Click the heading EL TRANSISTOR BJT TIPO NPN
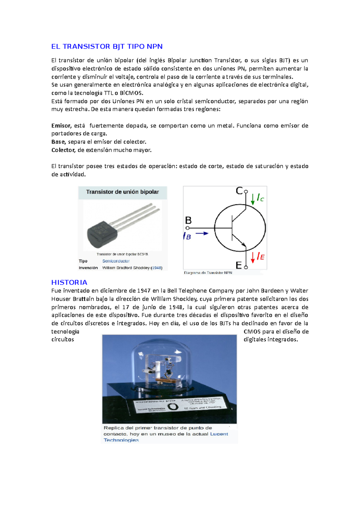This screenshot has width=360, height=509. coord(107,46)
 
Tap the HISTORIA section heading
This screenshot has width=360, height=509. coord(69,282)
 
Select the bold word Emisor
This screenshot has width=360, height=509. coord(61,126)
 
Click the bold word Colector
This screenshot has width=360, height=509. coord(63,150)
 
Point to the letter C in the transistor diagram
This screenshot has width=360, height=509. coord(239,191)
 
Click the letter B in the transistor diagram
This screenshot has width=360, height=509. coord(188,221)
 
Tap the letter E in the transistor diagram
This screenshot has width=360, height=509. coord(239,265)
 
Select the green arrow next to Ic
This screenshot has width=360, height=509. coord(253,199)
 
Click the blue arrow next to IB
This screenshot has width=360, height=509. coord(202,234)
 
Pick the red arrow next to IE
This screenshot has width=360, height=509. coord(253,257)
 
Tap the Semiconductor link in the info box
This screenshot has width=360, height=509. coord(116,261)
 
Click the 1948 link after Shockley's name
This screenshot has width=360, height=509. coord(157,268)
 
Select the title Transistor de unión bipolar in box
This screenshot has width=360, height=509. coord(122,192)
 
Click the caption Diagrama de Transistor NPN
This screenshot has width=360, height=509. coord(208,273)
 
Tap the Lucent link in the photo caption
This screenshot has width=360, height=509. coord(219,434)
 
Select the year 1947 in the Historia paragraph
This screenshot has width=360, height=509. coord(144,290)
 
